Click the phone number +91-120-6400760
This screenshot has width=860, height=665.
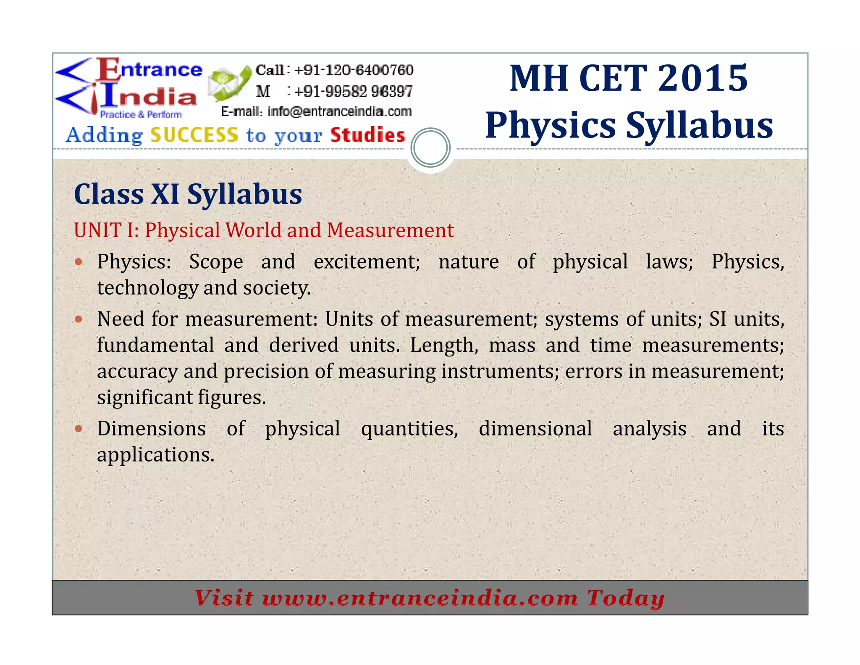point(354,70)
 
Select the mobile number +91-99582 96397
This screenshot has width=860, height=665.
point(354,91)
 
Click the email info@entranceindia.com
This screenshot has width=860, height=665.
point(339,111)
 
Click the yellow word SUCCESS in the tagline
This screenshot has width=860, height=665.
point(194,135)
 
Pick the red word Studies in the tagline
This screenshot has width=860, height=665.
point(367,135)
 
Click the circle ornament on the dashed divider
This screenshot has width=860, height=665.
point(430,148)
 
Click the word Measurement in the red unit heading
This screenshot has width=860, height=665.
point(390,230)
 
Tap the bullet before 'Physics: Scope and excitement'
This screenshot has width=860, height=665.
point(79,262)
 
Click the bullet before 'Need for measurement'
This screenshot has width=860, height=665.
point(79,319)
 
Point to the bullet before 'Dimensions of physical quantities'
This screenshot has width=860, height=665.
point(79,429)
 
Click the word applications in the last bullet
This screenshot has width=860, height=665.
point(155,455)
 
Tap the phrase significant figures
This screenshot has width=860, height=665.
point(181,398)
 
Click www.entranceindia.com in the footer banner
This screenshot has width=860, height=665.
point(420,598)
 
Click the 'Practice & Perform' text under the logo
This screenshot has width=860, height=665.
point(141,114)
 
